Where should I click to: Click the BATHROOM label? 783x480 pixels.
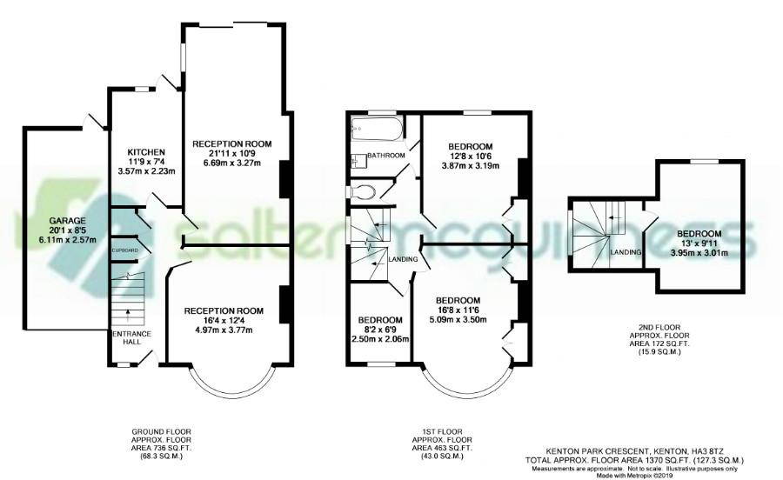click(386, 155)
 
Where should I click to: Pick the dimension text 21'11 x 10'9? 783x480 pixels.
click(232, 153)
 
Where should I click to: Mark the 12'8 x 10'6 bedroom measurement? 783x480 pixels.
click(470, 156)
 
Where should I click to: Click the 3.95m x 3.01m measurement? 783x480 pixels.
click(699, 253)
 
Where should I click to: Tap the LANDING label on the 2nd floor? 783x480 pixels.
click(626, 252)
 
